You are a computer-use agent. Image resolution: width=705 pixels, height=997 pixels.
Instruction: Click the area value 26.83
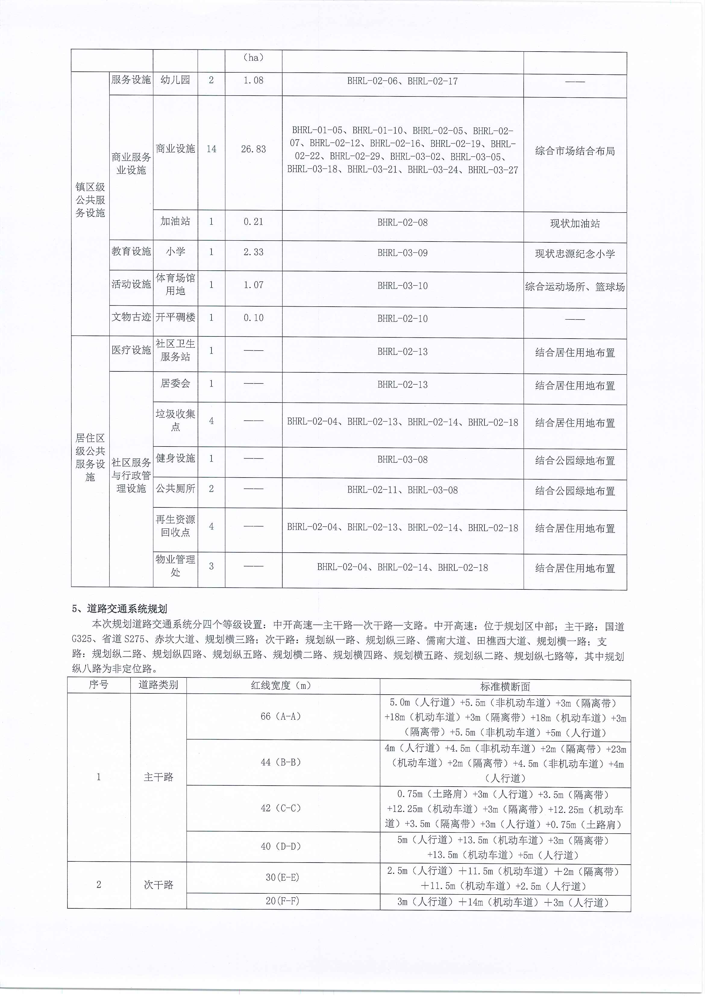[x=253, y=149]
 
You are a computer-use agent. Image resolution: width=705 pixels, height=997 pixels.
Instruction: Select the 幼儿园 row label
[x=175, y=80]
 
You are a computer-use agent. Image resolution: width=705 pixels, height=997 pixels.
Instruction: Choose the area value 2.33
[x=253, y=252]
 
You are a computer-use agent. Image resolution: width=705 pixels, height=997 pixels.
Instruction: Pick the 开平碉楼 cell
[x=175, y=317]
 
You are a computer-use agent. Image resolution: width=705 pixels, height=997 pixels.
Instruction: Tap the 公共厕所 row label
[x=175, y=489]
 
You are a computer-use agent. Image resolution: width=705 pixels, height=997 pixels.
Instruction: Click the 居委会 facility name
[x=175, y=383]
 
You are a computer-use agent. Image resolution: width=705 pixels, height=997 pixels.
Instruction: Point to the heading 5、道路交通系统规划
[x=119, y=609]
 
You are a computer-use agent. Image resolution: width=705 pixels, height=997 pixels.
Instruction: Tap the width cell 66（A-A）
[x=281, y=716]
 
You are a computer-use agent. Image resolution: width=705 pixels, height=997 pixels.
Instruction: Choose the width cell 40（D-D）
[x=281, y=846]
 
